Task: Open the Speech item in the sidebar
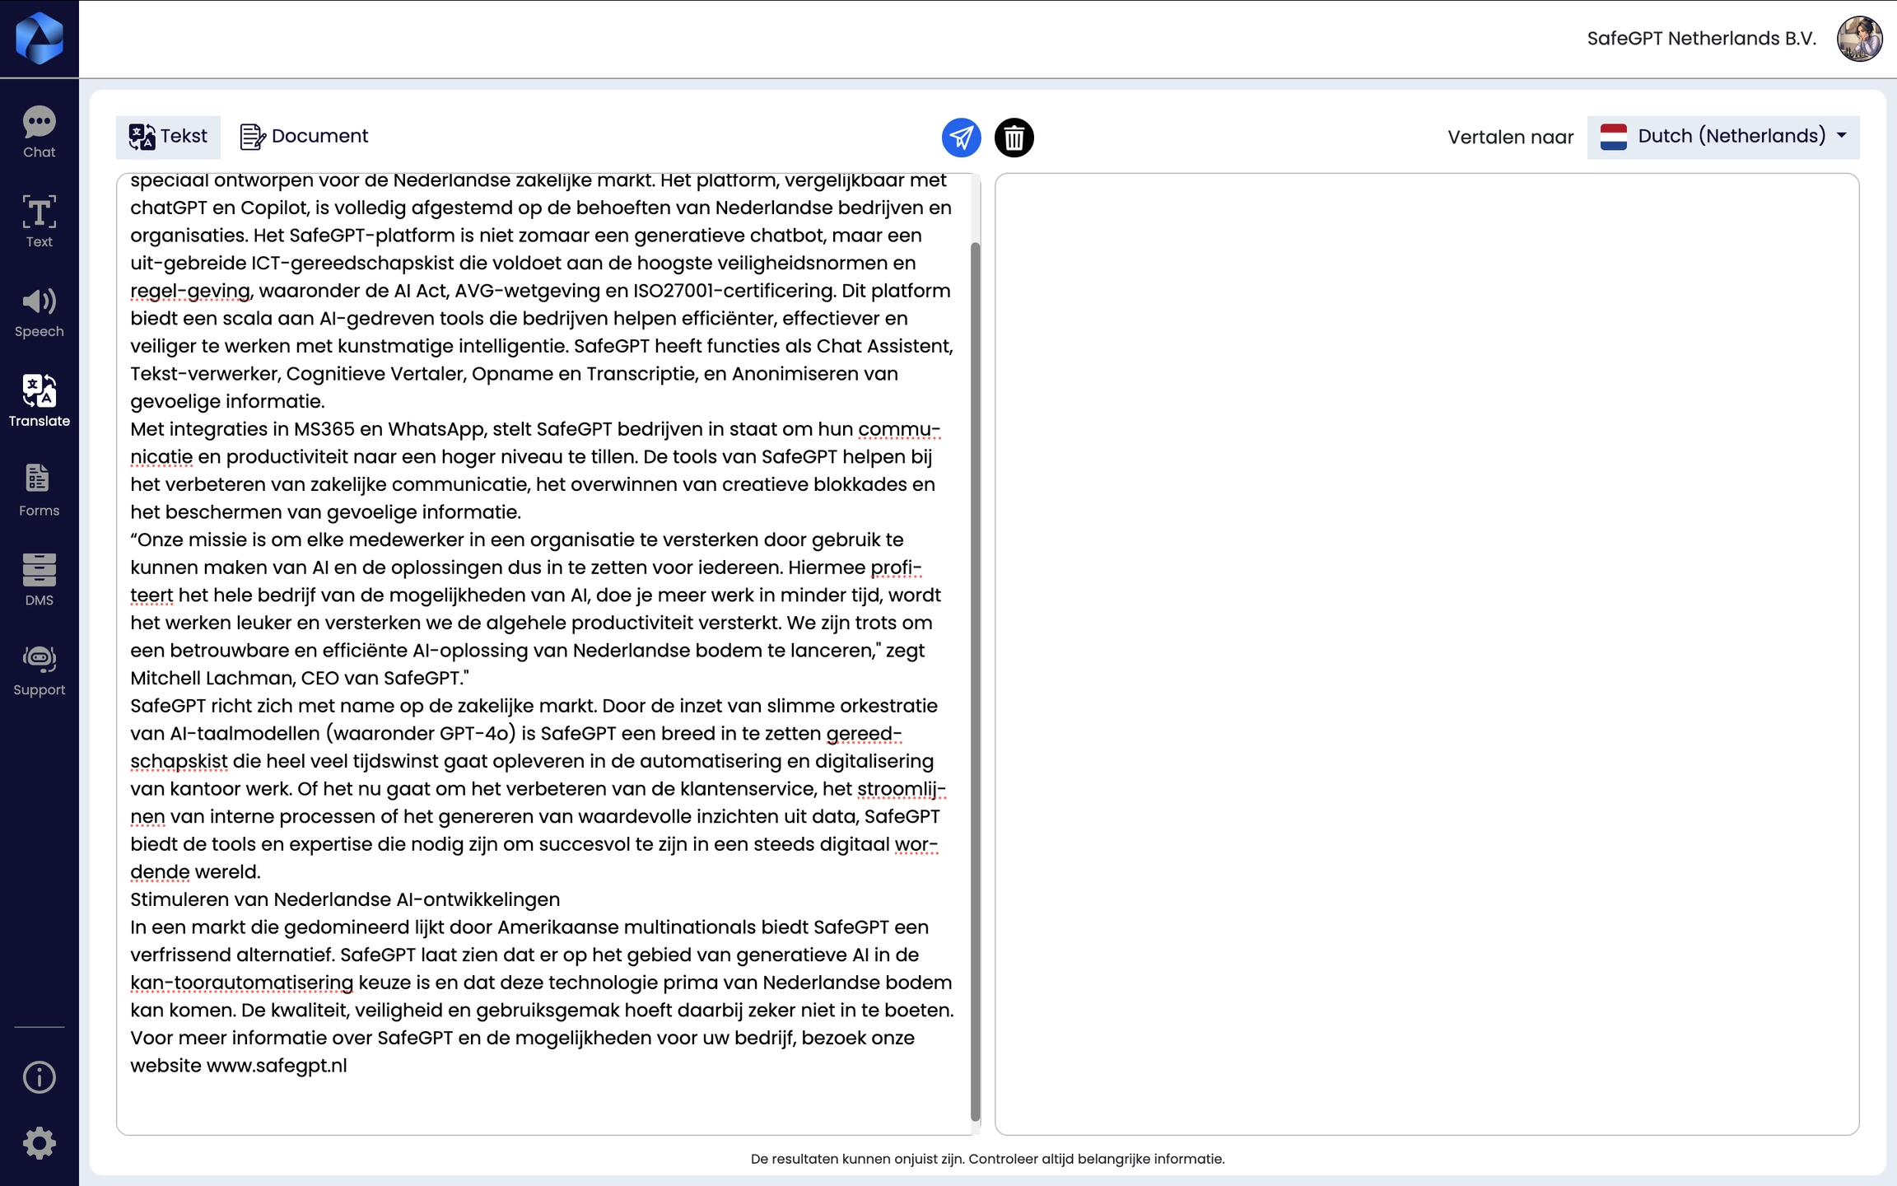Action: [39, 312]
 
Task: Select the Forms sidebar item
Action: [39, 490]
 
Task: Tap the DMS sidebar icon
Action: [39, 579]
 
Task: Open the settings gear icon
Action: [39, 1143]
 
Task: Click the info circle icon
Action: [39, 1077]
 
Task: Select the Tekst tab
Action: [168, 137]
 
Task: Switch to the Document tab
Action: [304, 137]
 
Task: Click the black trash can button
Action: [1014, 138]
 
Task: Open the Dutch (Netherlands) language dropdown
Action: [1722, 137]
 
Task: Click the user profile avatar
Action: [1859, 39]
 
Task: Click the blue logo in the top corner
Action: [39, 39]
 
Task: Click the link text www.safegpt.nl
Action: [277, 1066]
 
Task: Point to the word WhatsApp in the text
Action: [435, 429]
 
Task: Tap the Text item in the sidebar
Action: [39, 221]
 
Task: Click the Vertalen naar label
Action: [1510, 138]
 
